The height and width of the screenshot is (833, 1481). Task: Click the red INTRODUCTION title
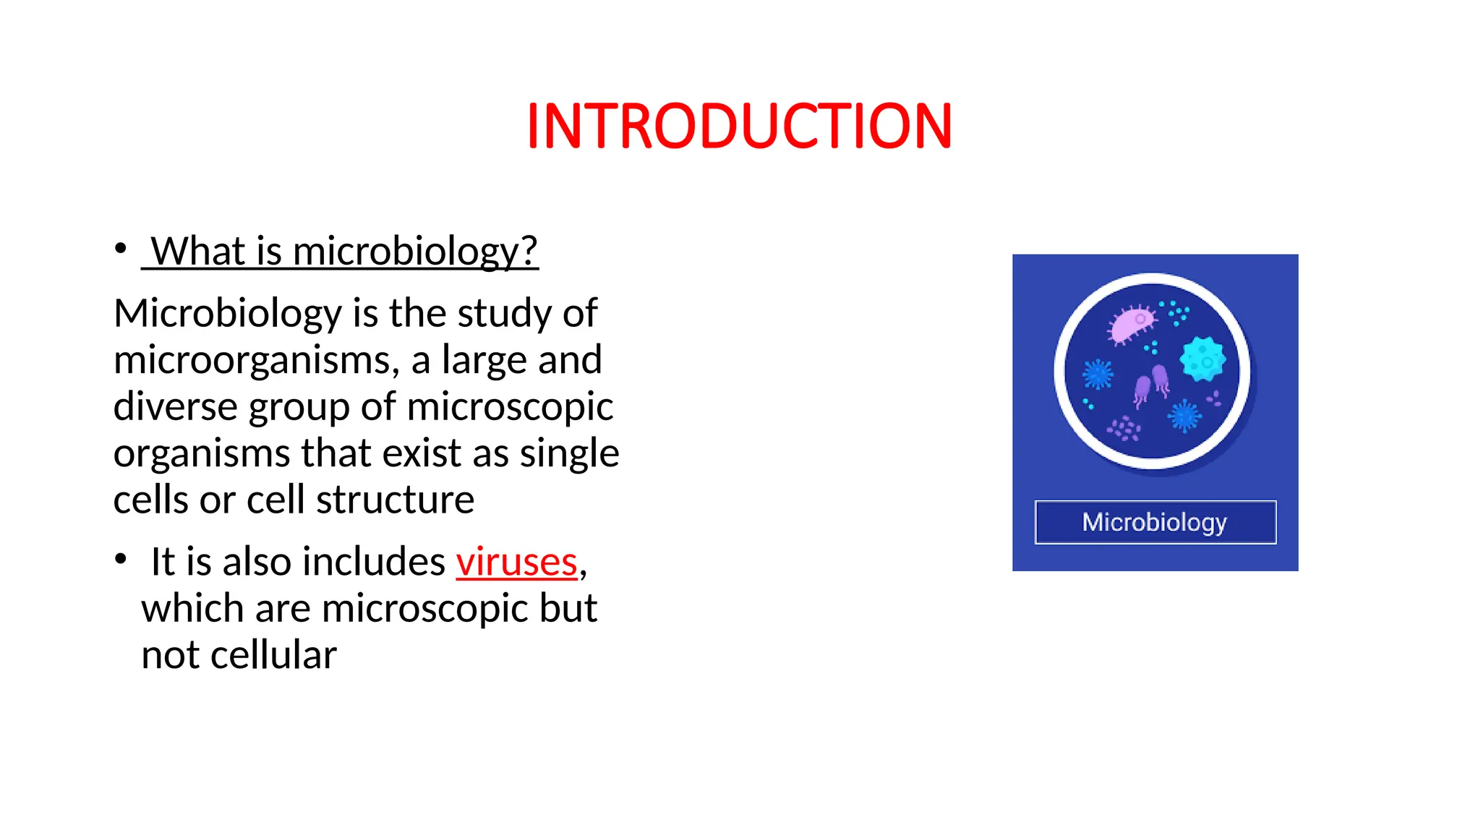(739, 127)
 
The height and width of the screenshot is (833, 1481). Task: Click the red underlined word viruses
(516, 562)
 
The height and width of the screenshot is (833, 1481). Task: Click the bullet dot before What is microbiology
(121, 249)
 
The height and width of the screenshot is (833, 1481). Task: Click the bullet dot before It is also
(121, 559)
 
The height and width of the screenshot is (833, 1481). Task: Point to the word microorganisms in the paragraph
(255, 360)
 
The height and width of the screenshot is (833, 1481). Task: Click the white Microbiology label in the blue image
(1154, 522)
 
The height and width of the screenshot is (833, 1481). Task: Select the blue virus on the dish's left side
(1098, 375)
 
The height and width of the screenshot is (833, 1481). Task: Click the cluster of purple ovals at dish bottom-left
(1124, 429)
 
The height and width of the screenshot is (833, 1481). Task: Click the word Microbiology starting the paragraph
(227, 314)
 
